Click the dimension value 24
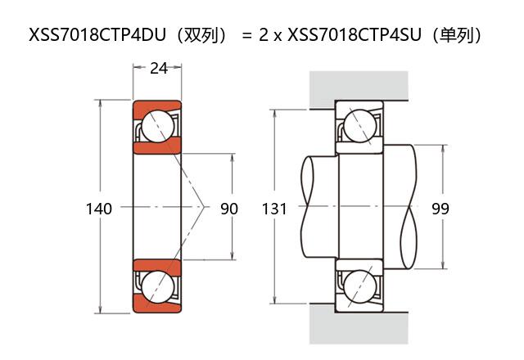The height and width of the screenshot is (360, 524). (159, 69)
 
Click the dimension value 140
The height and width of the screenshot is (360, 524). (98, 209)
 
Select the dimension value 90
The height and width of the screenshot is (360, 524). (229, 209)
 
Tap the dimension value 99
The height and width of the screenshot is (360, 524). (440, 209)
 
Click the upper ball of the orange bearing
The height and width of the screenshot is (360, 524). (156, 127)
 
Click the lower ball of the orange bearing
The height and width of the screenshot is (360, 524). (156, 287)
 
